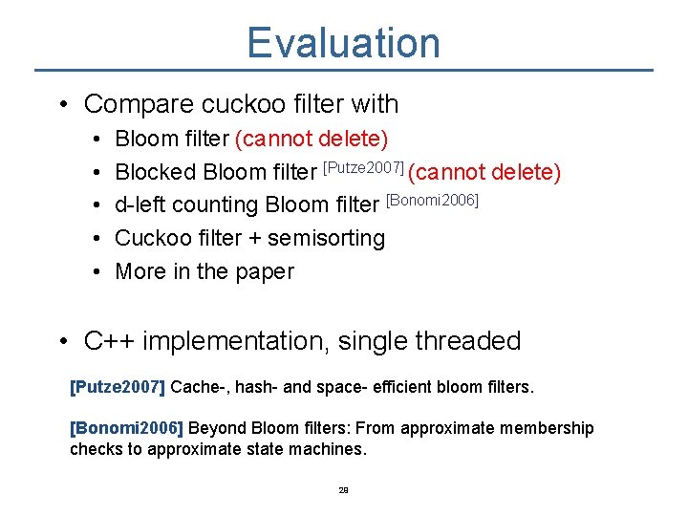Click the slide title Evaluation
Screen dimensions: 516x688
point(343,43)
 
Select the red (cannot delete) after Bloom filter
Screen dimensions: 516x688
point(312,140)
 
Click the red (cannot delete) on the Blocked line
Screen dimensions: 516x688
point(484,172)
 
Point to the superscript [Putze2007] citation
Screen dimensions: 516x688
point(364,166)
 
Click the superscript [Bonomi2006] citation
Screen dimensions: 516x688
point(431,200)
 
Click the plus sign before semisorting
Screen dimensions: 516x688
point(255,239)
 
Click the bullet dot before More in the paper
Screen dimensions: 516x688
point(100,271)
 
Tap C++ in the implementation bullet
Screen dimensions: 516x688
point(108,341)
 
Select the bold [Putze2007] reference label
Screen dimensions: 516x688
point(118,388)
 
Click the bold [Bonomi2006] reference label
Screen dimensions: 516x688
point(124,428)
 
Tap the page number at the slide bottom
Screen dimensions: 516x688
point(343,490)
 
